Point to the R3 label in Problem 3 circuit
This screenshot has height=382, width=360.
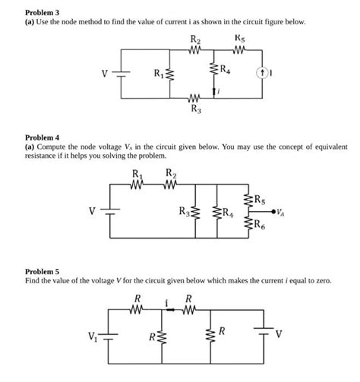coord(194,109)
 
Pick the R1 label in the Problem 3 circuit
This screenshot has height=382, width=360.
coord(159,74)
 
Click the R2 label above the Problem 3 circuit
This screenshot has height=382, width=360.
coord(194,39)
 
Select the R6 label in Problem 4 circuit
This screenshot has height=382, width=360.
coord(260,223)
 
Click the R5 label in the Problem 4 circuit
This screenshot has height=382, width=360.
coord(260,201)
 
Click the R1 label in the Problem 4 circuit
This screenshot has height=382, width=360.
coord(137,173)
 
